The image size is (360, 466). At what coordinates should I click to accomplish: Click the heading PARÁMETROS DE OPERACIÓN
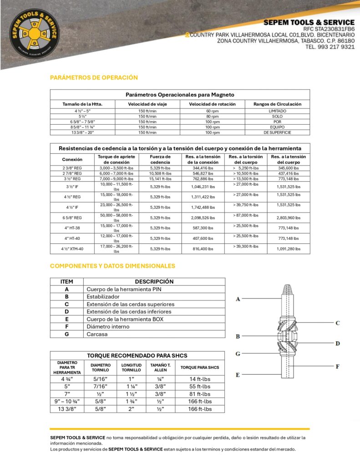tap(94, 77)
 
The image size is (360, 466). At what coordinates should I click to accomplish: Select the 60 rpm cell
tap(213, 111)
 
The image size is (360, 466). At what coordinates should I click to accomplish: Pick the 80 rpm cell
tap(213, 116)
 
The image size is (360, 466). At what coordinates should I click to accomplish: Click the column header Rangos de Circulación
tap(277, 104)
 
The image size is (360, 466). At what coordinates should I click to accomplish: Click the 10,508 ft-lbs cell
tap(161, 173)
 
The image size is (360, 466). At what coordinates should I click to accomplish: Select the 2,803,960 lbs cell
tap(288, 218)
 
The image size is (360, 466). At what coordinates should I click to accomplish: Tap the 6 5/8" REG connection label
tap(72, 218)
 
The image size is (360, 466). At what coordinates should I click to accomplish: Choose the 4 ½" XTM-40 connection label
tap(72, 249)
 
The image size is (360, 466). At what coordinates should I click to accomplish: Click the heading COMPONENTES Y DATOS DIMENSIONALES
tap(112, 266)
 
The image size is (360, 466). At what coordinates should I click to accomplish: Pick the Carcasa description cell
tap(97, 334)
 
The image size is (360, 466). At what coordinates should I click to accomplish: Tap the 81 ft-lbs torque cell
tap(200, 394)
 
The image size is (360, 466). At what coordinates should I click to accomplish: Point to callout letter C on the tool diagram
tap(338, 323)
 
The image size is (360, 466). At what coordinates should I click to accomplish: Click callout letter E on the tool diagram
tap(238, 375)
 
